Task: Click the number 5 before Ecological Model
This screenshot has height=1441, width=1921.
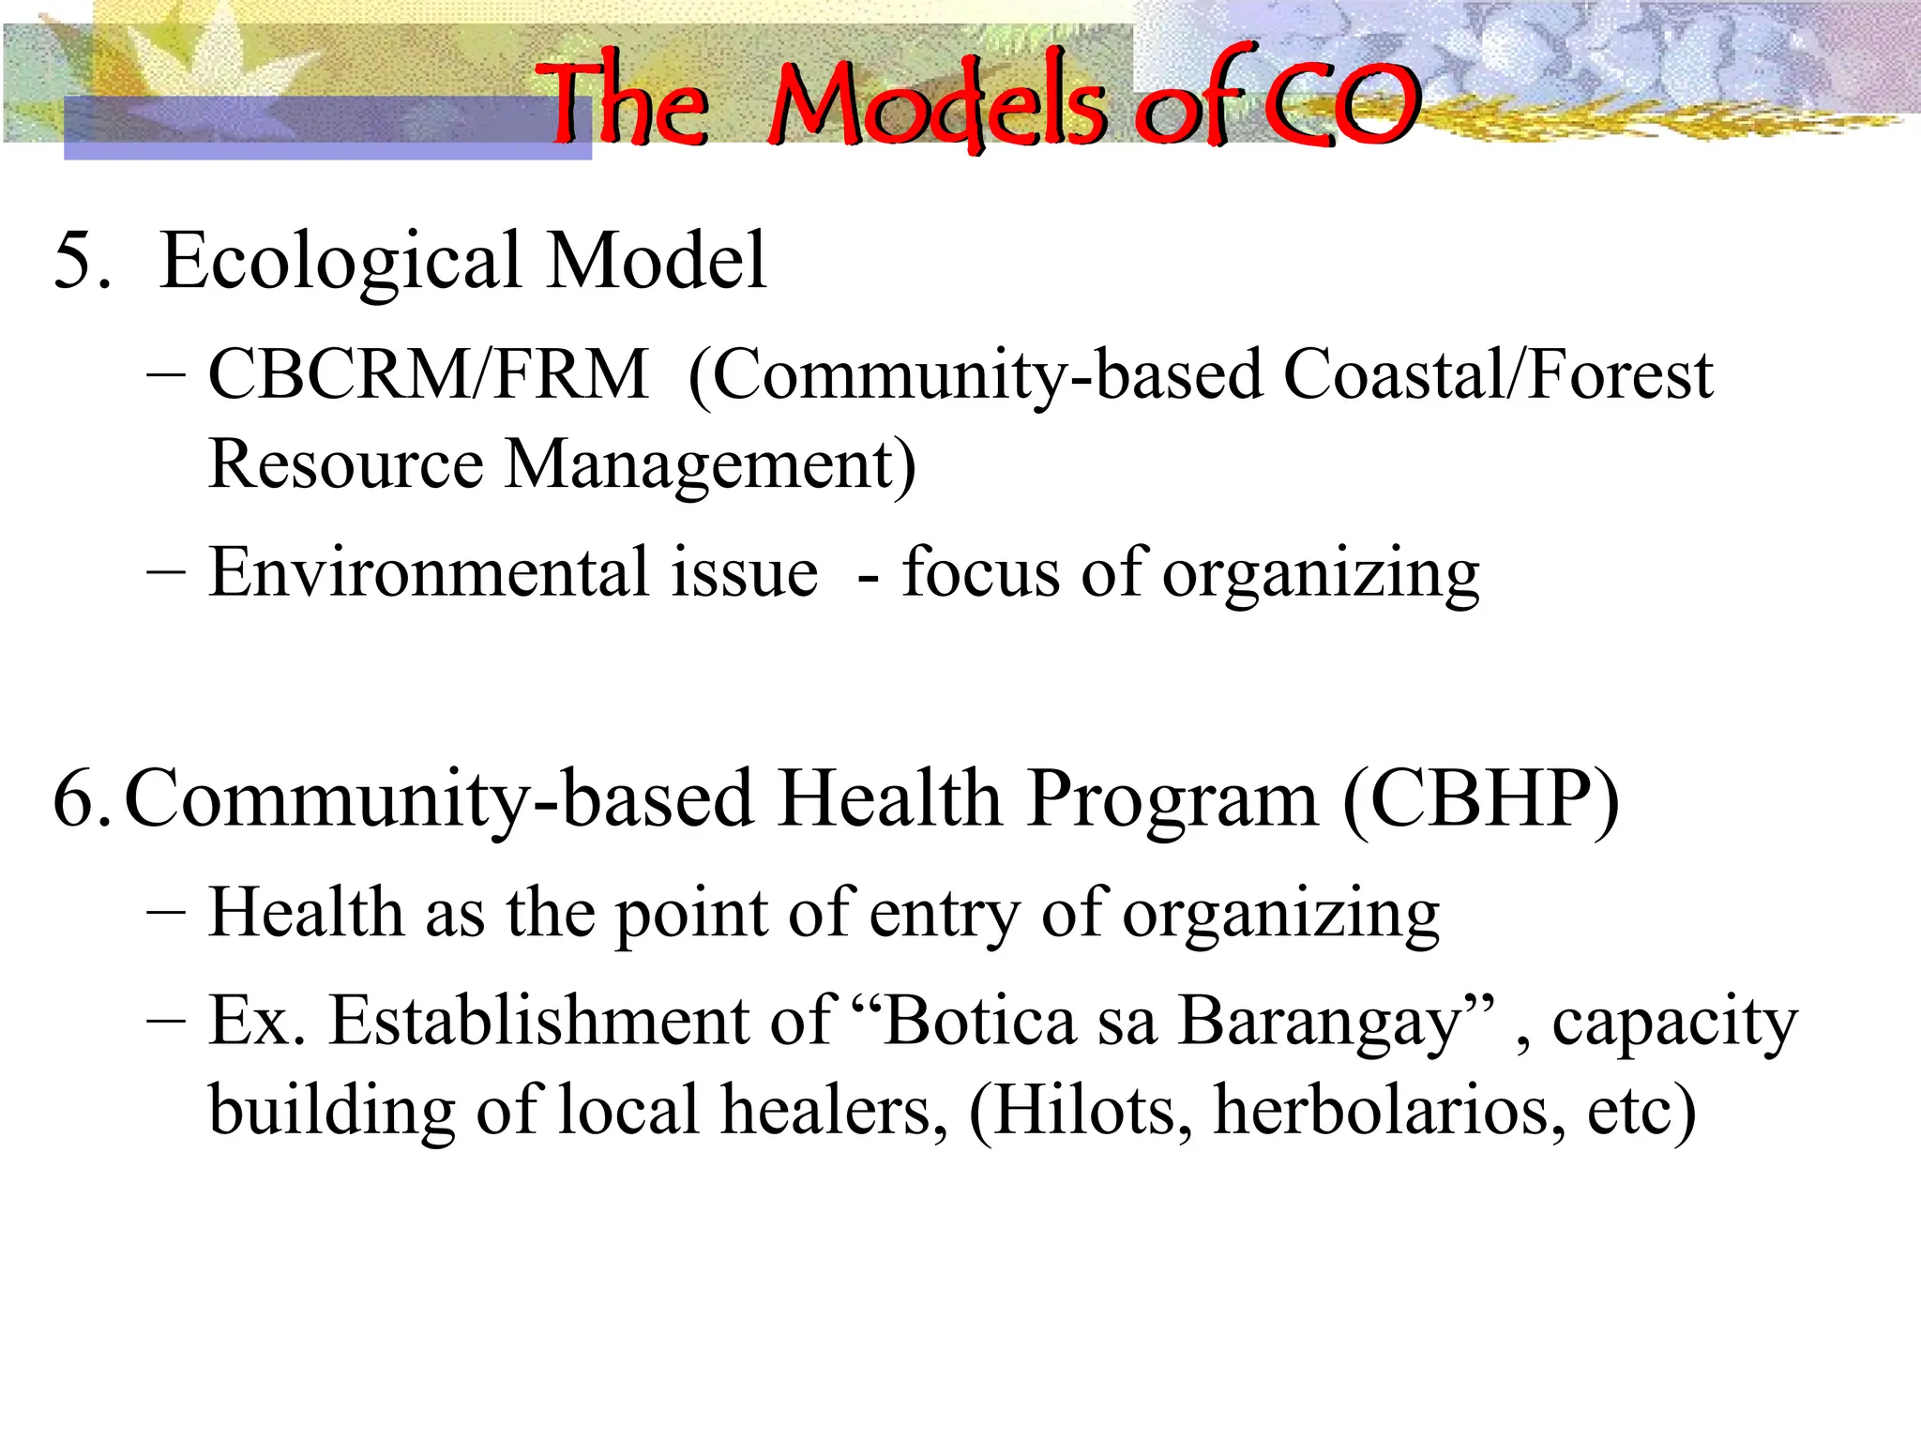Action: (75, 261)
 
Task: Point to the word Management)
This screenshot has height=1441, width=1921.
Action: (710, 465)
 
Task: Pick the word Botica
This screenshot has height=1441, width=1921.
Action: (980, 1021)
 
